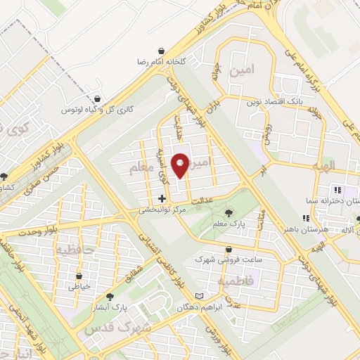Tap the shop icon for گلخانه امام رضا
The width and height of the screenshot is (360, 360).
[163, 51]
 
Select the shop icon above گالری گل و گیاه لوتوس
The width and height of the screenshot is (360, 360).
[96, 99]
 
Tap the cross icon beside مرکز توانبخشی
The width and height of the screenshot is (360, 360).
[162, 199]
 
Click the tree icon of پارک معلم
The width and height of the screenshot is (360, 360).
[228, 213]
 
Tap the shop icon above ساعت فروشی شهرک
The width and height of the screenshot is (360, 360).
[229, 249]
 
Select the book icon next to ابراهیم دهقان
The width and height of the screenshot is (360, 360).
[199, 296]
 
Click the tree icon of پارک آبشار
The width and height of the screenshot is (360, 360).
[109, 297]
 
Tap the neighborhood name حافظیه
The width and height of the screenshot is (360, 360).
[74, 250]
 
